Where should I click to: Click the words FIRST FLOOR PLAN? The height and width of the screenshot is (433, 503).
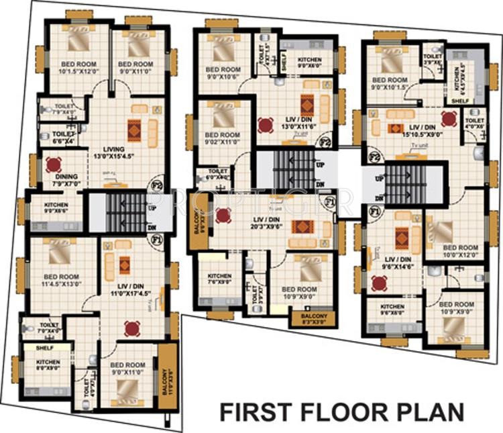point(341,410)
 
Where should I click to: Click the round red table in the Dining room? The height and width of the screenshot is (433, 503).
point(53,164)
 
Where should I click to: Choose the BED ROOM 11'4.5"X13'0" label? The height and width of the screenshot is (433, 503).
point(60,280)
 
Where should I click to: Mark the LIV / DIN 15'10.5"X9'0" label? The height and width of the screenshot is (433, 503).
point(425,130)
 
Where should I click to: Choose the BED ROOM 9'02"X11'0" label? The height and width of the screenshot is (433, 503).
point(222,139)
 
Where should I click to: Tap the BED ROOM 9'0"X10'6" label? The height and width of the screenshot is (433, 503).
point(223,73)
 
